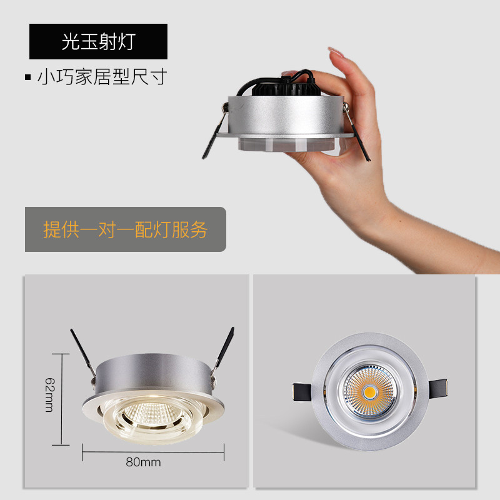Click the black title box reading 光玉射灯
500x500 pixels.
pos(98,41)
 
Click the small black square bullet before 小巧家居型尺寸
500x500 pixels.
pos(27,78)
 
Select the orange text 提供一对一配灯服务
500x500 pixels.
pos(125,229)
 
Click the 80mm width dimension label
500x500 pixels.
pos(143,462)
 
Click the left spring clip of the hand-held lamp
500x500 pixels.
pos(211,134)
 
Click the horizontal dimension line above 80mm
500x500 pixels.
pos(153,451)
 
